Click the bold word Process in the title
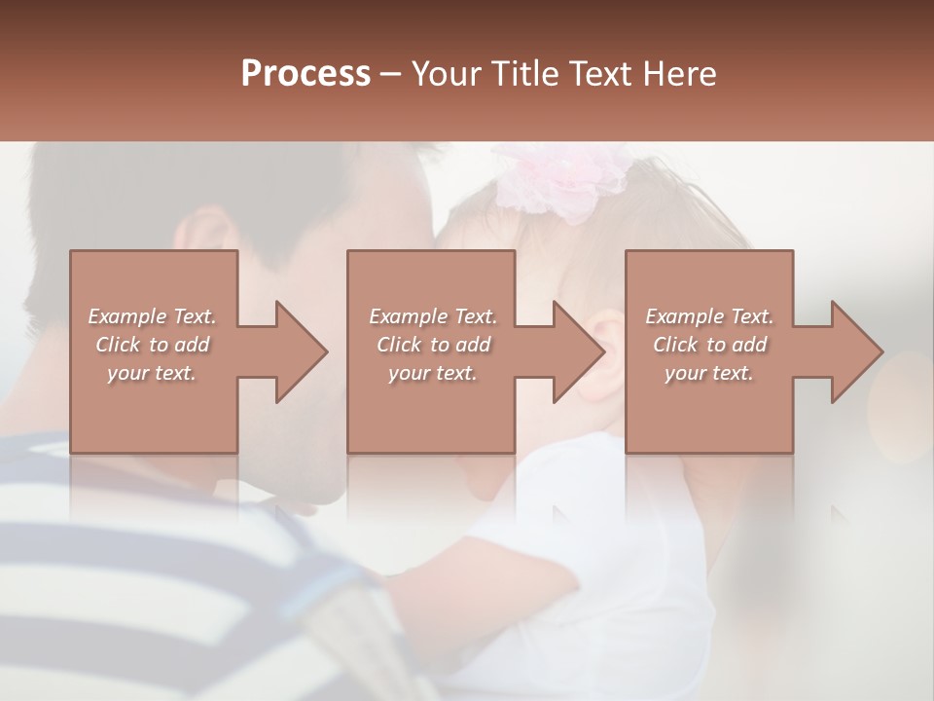[x=305, y=74]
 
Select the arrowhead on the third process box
[x=850, y=351]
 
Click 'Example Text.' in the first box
[x=152, y=316]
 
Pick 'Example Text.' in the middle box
[x=432, y=316]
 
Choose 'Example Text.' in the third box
[x=709, y=316]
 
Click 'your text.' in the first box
[x=152, y=373]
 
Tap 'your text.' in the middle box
[x=432, y=373]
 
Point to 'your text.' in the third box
[x=709, y=373]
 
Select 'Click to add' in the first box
[x=152, y=345]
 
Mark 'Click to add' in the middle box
[x=432, y=345]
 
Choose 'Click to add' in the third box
[x=709, y=345]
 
